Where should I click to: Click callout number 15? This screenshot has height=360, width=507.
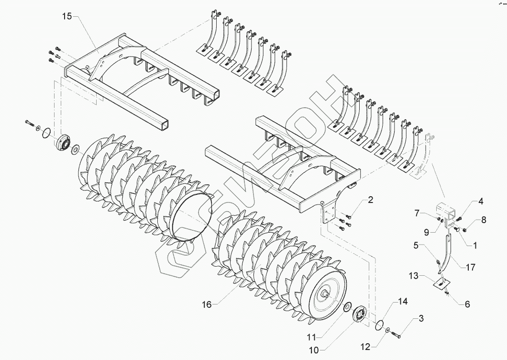point(66,17)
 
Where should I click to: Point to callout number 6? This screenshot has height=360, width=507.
point(467,304)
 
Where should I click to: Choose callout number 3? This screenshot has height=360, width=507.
point(420,318)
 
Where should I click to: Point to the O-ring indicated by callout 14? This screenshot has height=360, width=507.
point(380,325)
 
